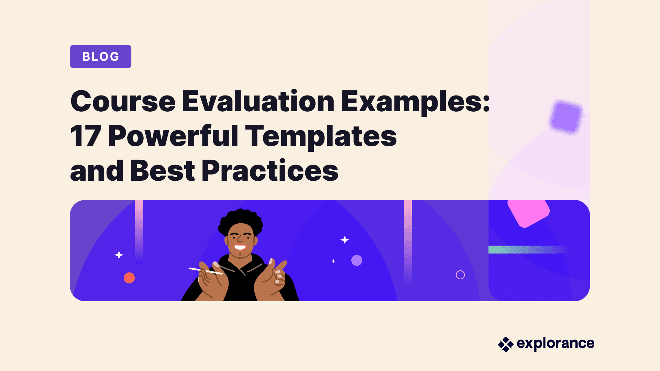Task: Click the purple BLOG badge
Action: pyautogui.click(x=100, y=56)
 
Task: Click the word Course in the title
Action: pyautogui.click(x=123, y=101)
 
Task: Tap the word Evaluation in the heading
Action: pyautogui.click(x=258, y=101)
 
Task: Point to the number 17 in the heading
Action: pyautogui.click(x=86, y=136)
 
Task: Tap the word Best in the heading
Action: pyautogui.click(x=163, y=170)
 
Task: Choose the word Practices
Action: pyautogui.click(x=270, y=170)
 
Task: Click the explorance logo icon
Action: pyautogui.click(x=506, y=344)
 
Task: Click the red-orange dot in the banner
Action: pyautogui.click(x=129, y=278)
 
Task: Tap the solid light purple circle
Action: pyautogui.click(x=357, y=260)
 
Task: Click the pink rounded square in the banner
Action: pyautogui.click(x=528, y=213)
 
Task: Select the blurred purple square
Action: pyautogui.click(x=566, y=116)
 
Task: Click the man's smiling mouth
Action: pyautogui.click(x=240, y=247)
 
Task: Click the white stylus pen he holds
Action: pyautogui.click(x=206, y=271)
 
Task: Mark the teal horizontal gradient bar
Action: pyautogui.click(x=529, y=249)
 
